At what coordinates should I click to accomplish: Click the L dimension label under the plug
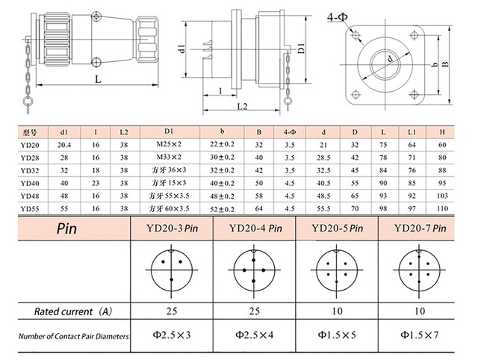click(98, 79)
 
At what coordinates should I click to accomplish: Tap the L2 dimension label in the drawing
click(242, 106)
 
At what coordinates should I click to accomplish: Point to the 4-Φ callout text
click(338, 18)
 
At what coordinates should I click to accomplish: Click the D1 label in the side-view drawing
click(301, 49)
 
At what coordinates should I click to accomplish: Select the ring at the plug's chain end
click(28, 101)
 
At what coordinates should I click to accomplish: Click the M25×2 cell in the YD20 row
click(169, 144)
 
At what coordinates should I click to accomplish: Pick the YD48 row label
click(30, 196)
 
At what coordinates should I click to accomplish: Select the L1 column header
click(412, 132)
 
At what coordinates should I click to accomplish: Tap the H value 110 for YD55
click(442, 208)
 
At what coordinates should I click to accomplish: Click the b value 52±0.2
click(223, 209)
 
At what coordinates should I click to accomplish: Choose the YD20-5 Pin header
click(337, 228)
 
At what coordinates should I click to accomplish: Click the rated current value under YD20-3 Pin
click(172, 311)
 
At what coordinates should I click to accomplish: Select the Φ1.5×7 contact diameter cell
click(420, 335)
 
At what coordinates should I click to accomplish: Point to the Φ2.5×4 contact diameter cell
click(254, 335)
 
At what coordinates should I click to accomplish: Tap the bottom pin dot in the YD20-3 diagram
click(171, 279)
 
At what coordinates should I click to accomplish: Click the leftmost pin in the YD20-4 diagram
click(244, 270)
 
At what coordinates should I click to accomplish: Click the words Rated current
click(63, 311)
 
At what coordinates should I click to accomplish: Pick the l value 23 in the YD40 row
click(96, 183)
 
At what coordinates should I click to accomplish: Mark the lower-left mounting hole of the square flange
click(356, 94)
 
